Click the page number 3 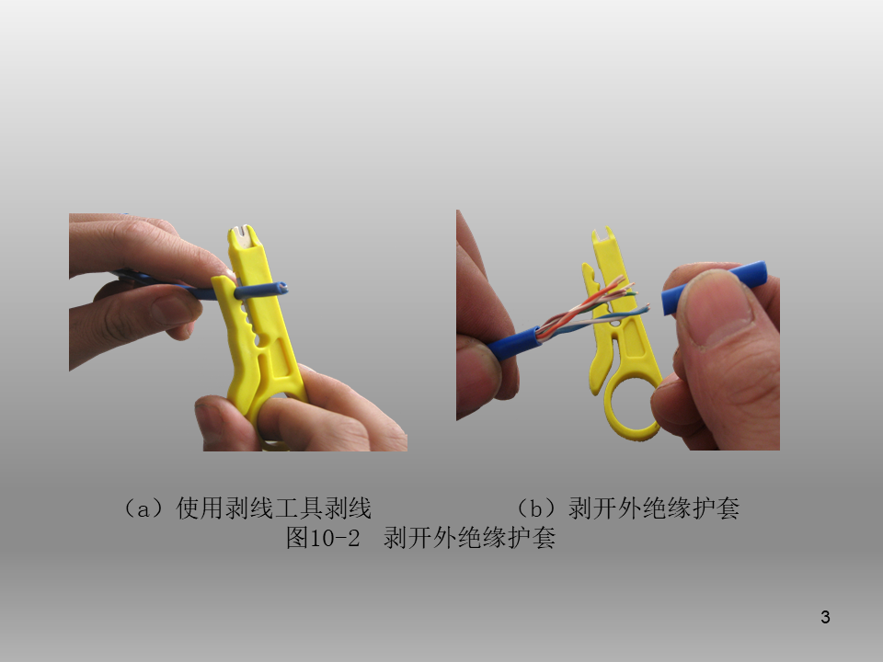[825, 617]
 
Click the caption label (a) [143, 508]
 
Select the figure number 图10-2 [323, 538]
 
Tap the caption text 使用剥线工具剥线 [274, 508]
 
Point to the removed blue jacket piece [714, 287]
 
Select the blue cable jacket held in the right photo [513, 342]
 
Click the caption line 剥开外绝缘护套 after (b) [653, 508]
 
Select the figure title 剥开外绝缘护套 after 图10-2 [470, 538]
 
